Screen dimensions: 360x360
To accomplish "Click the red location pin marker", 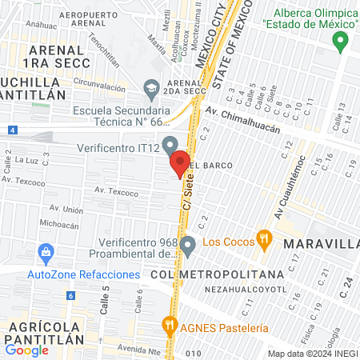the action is (x=180, y=163).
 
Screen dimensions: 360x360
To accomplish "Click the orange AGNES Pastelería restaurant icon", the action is (x=169, y=325).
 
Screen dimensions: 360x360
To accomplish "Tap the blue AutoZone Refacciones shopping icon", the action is (x=45, y=254).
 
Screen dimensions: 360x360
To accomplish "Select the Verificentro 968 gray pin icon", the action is (x=188, y=245).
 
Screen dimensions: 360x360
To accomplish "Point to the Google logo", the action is (x=26, y=349).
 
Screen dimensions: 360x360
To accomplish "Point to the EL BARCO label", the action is (x=212, y=165).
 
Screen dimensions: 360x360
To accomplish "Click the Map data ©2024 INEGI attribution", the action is (x=312, y=354).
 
